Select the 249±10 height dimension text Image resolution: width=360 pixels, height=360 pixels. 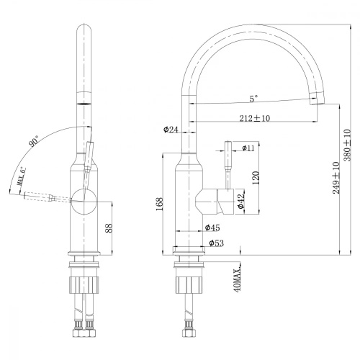(336, 178)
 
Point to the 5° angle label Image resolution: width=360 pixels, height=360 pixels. (254, 99)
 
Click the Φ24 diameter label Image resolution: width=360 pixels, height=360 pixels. (171, 130)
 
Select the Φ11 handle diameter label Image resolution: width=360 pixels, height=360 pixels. (248, 148)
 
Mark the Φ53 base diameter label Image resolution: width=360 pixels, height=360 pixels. (217, 244)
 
